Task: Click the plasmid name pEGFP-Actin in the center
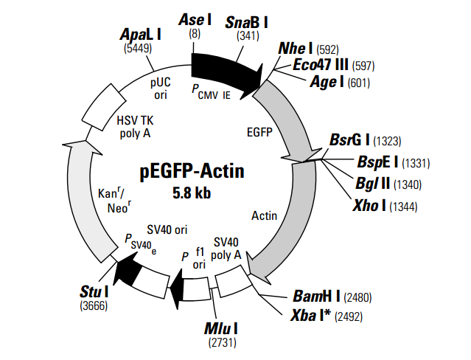pyautogui.click(x=192, y=172)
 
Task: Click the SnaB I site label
pyautogui.click(x=247, y=22)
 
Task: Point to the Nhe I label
pyautogui.click(x=296, y=49)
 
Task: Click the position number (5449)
pyautogui.click(x=139, y=49)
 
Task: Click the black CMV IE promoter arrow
pyautogui.click(x=225, y=68)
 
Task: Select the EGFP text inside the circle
pyautogui.click(x=259, y=132)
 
